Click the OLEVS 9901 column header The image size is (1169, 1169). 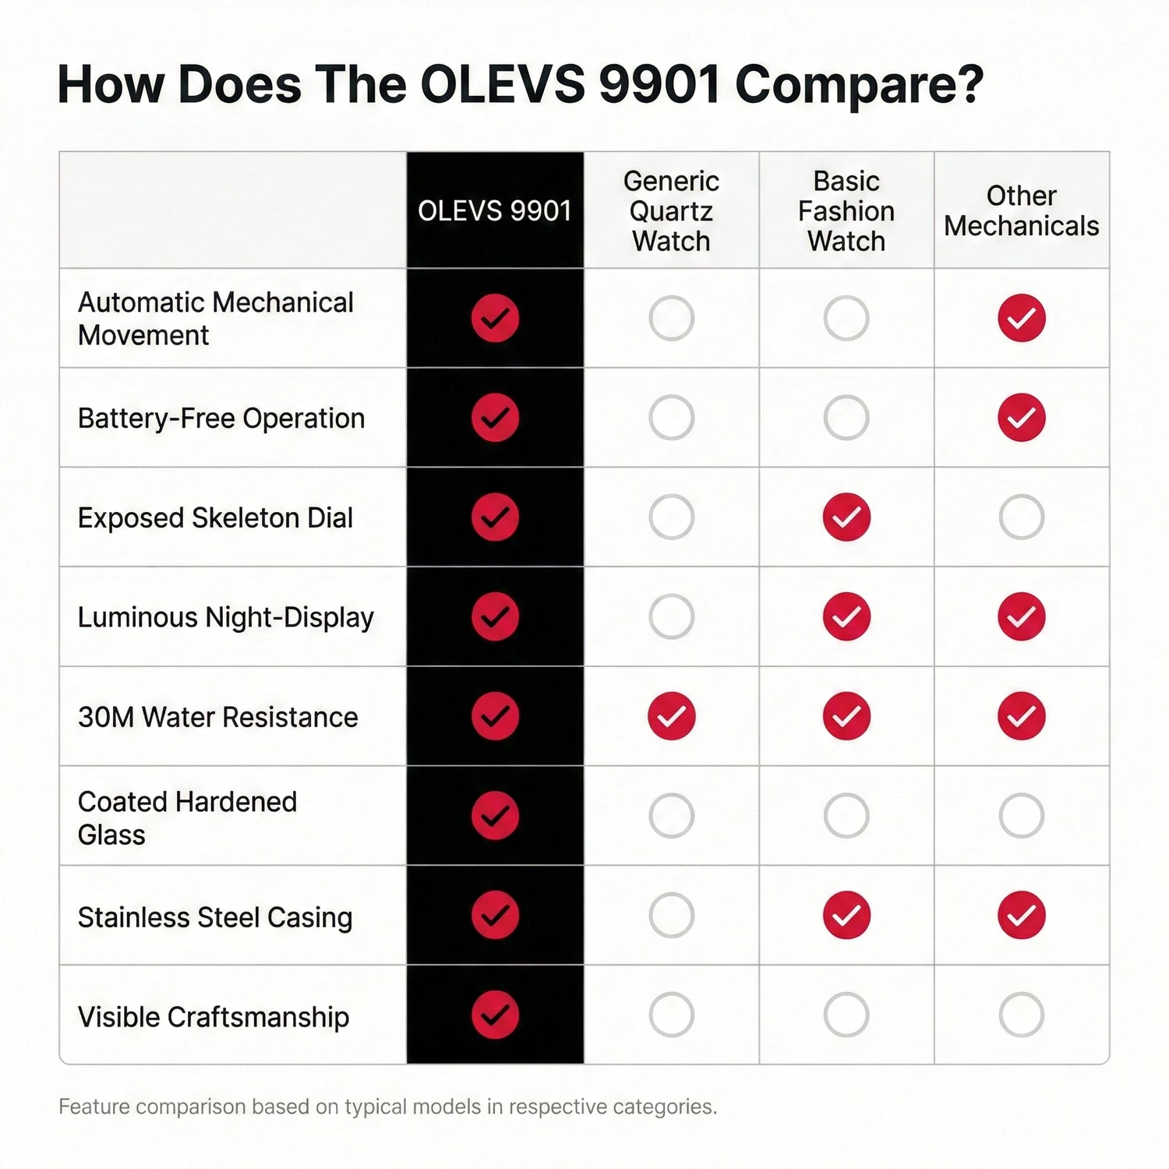495,210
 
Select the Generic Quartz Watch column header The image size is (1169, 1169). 671,210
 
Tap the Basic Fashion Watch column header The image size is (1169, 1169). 846,210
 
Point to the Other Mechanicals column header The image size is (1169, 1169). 1021,210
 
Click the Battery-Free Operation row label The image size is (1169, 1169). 221,419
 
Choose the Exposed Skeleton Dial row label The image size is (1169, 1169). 215,517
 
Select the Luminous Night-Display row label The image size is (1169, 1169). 226,617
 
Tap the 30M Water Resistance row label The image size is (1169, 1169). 218,717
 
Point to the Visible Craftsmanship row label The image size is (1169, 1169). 214,1016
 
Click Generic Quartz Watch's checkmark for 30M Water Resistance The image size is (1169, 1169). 671,715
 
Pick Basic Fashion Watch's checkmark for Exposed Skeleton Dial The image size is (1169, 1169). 846,517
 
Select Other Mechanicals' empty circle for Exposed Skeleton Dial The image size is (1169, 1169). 1021,517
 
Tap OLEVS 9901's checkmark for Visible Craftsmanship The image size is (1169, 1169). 495,1015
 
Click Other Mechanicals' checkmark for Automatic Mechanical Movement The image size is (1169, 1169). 1021,318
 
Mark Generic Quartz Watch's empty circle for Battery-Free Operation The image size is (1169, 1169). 671,418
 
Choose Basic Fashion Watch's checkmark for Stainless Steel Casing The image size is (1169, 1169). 846,915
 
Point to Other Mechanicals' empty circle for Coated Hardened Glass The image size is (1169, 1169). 1021,815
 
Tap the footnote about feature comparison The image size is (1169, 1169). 388,1107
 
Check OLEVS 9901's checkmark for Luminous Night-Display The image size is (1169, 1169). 495,616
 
